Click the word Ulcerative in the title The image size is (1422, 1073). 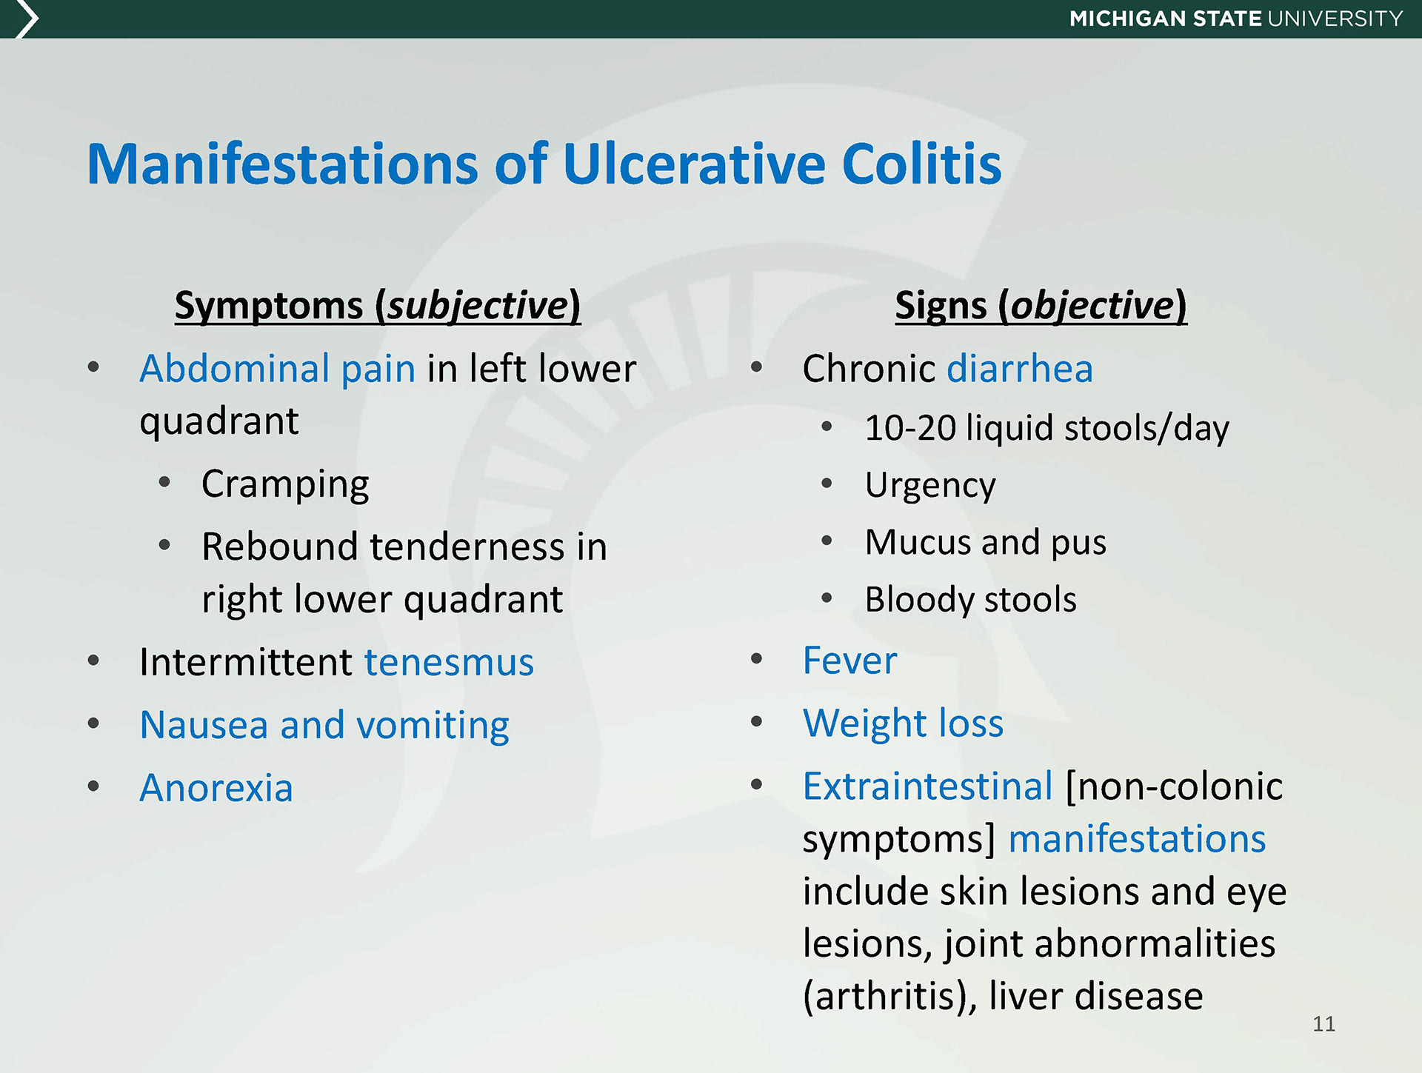pyautogui.click(x=693, y=164)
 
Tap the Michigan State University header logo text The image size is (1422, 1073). pyautogui.click(x=1236, y=19)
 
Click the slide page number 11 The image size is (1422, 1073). pyautogui.click(x=1323, y=1023)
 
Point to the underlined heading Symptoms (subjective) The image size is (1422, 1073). pyautogui.click(x=378, y=305)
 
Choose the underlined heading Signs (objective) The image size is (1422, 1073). pyautogui.click(x=1041, y=305)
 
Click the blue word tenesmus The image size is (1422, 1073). pyautogui.click(x=449, y=662)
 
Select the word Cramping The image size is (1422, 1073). pyautogui.click(x=285, y=485)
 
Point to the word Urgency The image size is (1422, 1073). pyautogui.click(x=930, y=486)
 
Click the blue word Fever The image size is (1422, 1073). pyautogui.click(x=849, y=660)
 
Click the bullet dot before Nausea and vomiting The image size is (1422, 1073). pyautogui.click(x=93, y=723)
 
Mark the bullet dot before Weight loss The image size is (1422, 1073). pyautogui.click(x=756, y=721)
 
